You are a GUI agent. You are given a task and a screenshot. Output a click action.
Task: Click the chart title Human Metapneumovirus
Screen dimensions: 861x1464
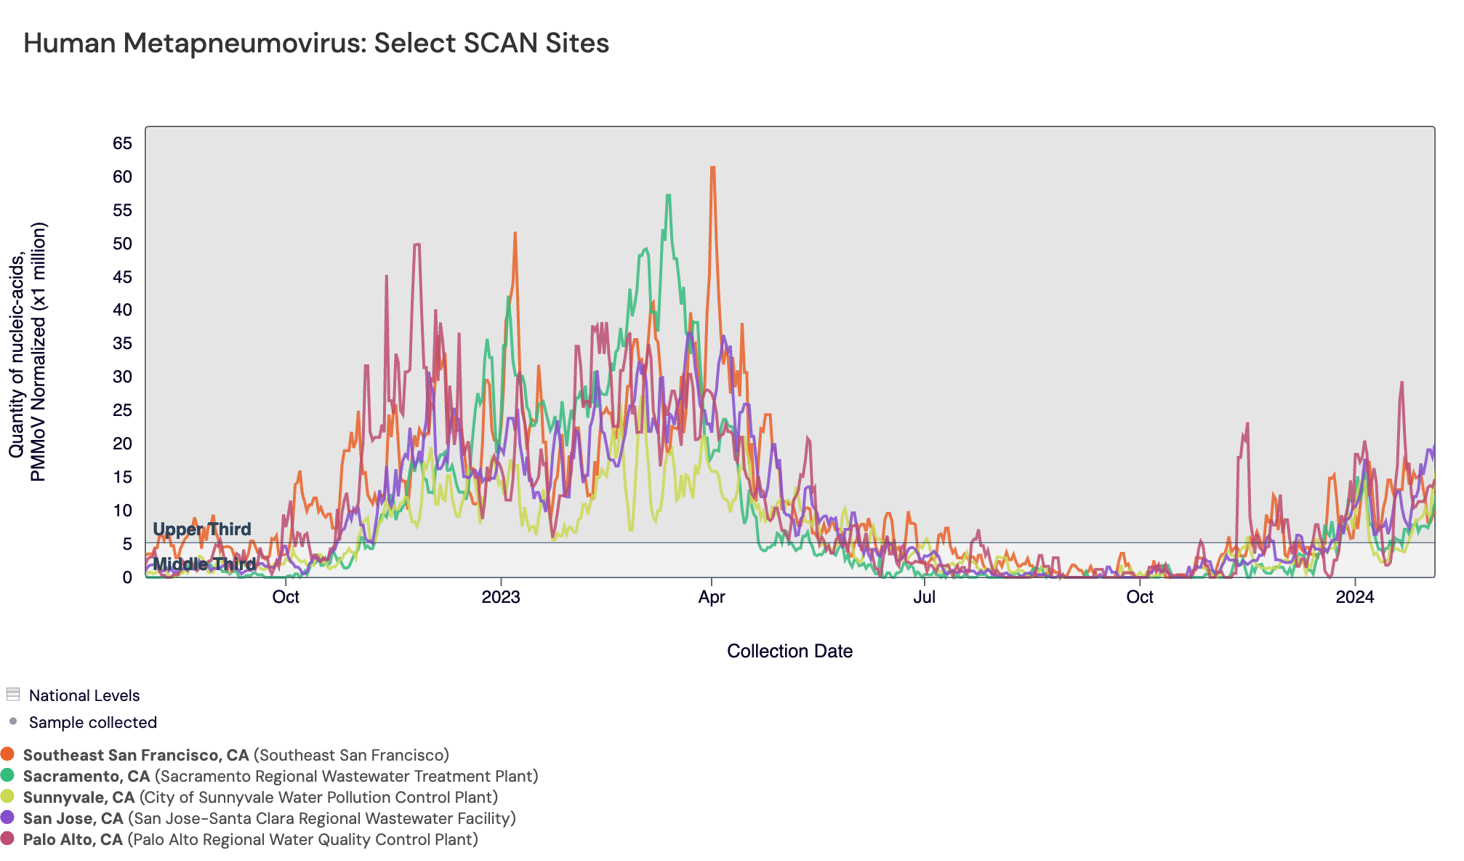click(x=316, y=44)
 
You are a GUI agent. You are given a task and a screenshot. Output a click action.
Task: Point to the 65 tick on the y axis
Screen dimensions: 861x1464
click(x=122, y=143)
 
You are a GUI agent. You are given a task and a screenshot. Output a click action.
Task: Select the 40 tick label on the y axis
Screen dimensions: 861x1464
click(x=122, y=310)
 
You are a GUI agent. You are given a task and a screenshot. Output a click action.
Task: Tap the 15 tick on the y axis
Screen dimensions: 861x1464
click(x=122, y=477)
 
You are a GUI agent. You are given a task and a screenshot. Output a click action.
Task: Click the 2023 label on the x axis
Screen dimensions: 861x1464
click(x=501, y=598)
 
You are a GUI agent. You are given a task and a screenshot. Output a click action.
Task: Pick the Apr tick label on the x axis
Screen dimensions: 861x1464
click(x=711, y=598)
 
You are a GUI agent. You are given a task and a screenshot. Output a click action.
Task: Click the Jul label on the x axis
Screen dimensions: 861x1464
click(x=924, y=598)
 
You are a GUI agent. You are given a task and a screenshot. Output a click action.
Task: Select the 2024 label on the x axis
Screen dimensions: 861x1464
click(x=1355, y=598)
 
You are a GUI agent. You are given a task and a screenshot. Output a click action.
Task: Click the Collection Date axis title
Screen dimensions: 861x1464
click(x=789, y=652)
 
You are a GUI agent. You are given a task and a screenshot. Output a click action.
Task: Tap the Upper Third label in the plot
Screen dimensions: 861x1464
click(x=202, y=529)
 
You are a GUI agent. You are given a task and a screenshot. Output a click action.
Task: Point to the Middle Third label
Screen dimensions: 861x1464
click(x=204, y=564)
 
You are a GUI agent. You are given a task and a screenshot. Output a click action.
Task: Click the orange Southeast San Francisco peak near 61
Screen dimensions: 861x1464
click(x=713, y=168)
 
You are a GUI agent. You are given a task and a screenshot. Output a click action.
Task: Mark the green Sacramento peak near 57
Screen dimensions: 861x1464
click(x=668, y=196)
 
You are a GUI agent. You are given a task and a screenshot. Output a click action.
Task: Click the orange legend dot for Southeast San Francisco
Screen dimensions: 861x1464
click(x=8, y=755)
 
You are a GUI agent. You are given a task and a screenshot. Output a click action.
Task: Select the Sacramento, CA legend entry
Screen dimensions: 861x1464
click(x=87, y=776)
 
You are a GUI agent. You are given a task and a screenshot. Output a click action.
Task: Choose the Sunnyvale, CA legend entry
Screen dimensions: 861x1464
click(x=79, y=797)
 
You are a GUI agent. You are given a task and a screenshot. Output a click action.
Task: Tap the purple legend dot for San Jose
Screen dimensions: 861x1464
click(x=8, y=818)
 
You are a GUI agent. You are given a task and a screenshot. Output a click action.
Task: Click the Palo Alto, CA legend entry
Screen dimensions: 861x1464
click(x=73, y=839)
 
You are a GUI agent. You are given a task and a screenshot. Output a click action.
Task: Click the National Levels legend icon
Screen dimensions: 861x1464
click(x=12, y=694)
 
